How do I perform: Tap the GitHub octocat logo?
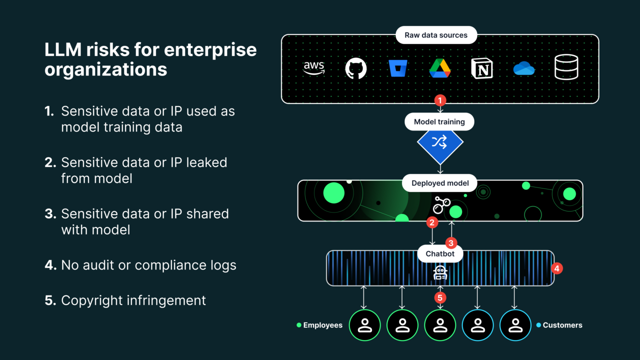pyautogui.click(x=356, y=68)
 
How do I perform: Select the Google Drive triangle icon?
pyautogui.click(x=440, y=68)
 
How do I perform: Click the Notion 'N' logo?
pyautogui.click(x=482, y=68)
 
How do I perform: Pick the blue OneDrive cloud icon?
pyautogui.click(x=524, y=68)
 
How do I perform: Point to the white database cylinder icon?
pyautogui.click(x=566, y=67)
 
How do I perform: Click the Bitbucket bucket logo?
pyautogui.click(x=398, y=68)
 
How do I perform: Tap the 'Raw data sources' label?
pyautogui.click(x=436, y=35)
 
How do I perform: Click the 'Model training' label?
pyautogui.click(x=439, y=122)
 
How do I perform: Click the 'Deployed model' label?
pyautogui.click(x=440, y=183)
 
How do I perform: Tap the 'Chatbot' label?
pyautogui.click(x=440, y=253)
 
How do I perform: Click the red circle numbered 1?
pyautogui.click(x=440, y=100)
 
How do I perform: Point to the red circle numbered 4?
pyautogui.click(x=557, y=268)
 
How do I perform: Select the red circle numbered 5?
pyautogui.click(x=440, y=297)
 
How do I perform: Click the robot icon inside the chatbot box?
pyautogui.click(x=440, y=272)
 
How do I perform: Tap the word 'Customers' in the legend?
pyautogui.click(x=562, y=325)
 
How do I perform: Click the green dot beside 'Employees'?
pyautogui.click(x=299, y=325)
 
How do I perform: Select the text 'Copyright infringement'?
pyautogui.click(x=133, y=300)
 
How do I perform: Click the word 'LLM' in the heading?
pyautogui.click(x=63, y=50)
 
